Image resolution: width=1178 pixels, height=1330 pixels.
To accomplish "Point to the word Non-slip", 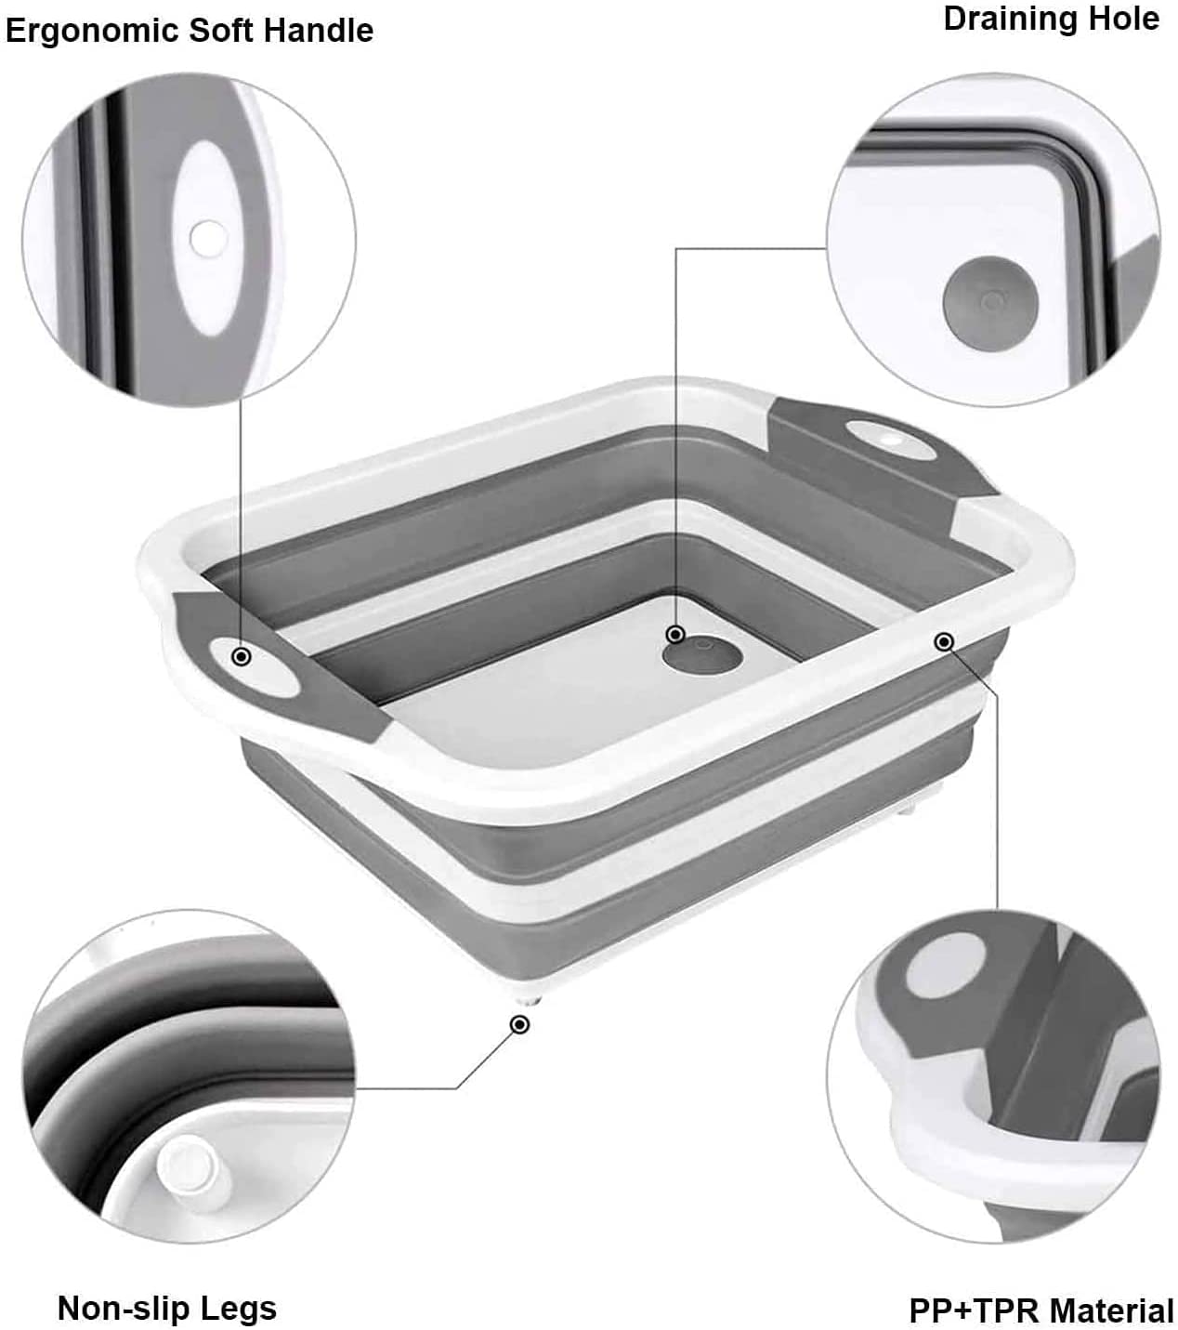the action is point(123,1290).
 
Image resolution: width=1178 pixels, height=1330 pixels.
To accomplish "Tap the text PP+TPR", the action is point(975,1293).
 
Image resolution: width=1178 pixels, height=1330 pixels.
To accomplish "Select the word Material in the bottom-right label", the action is point(1108,1293).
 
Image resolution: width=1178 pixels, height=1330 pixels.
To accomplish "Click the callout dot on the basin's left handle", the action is point(242,656).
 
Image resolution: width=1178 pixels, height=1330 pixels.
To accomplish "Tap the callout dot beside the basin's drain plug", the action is point(675,634).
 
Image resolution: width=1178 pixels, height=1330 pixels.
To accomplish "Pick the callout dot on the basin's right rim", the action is point(944,641).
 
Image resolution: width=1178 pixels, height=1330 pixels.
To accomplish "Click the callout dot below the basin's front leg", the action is point(519,1024).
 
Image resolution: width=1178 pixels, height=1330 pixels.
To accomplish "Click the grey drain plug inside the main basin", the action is point(702,655).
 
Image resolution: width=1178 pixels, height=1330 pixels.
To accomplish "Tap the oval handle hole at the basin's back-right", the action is point(889,439).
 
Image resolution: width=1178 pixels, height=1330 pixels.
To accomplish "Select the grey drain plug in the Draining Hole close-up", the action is point(990,303).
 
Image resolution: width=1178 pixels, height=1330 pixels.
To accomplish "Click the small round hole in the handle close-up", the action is point(209,238).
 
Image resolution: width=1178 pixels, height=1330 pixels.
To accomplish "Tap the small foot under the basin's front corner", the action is point(528,1000).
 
